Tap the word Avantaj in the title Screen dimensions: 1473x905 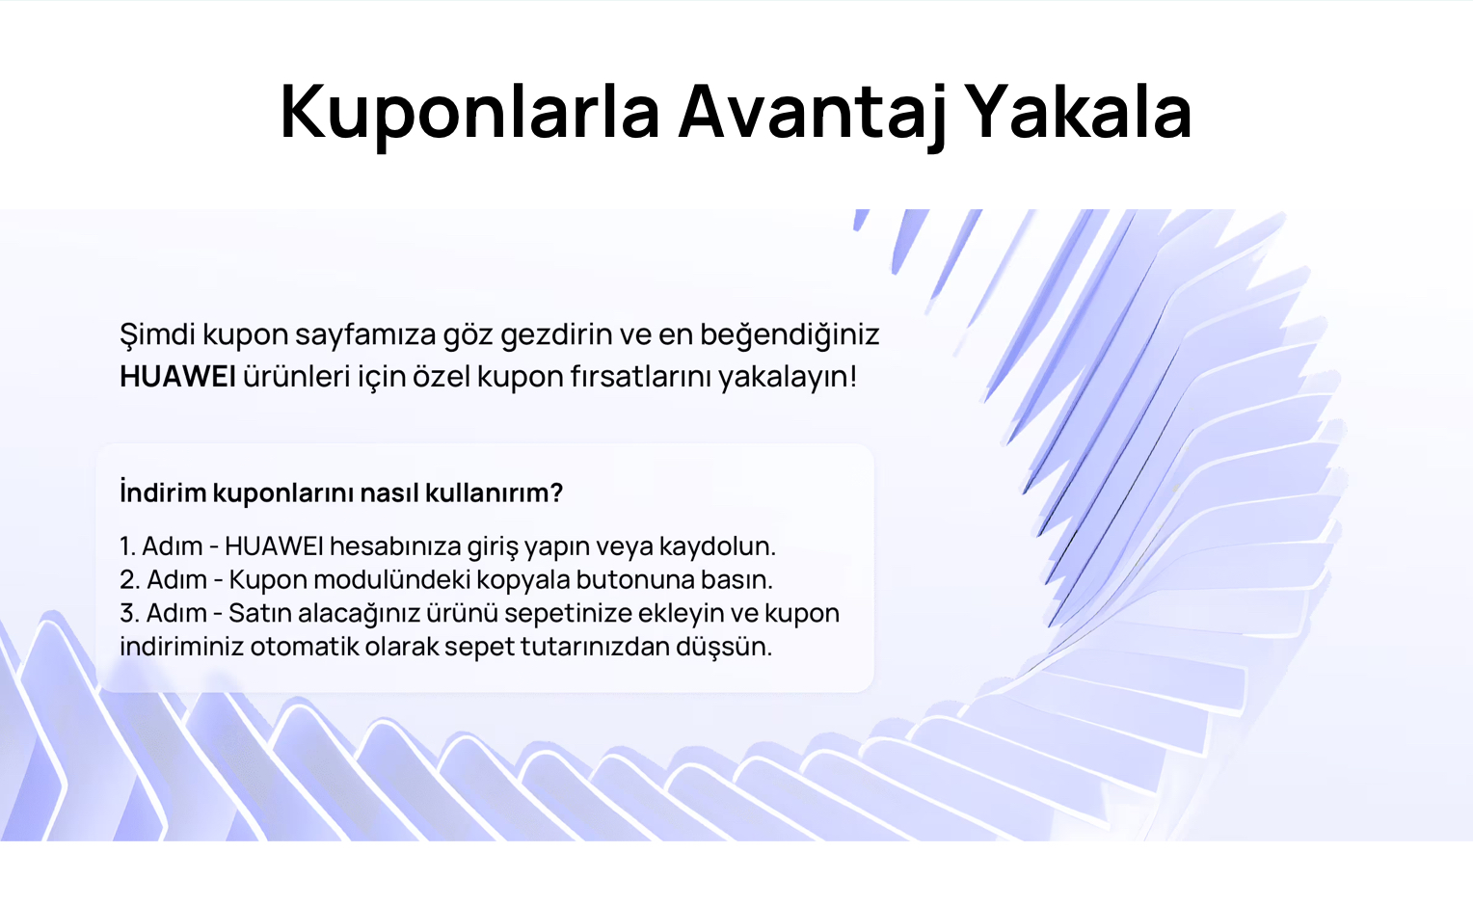tap(813, 113)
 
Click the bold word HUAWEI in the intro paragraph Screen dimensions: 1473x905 tap(177, 377)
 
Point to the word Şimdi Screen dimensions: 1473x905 tap(158, 335)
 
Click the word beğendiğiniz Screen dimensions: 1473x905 tap(790, 335)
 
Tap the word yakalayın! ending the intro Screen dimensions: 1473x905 tap(788, 378)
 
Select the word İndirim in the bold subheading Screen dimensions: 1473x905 tap(163, 492)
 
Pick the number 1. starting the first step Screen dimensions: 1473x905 tap(128, 546)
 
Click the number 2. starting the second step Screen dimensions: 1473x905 tap(130, 580)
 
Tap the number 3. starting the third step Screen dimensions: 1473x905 tap(130, 614)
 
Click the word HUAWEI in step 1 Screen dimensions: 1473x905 tap(274, 546)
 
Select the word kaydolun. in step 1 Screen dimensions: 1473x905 tap(717, 546)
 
